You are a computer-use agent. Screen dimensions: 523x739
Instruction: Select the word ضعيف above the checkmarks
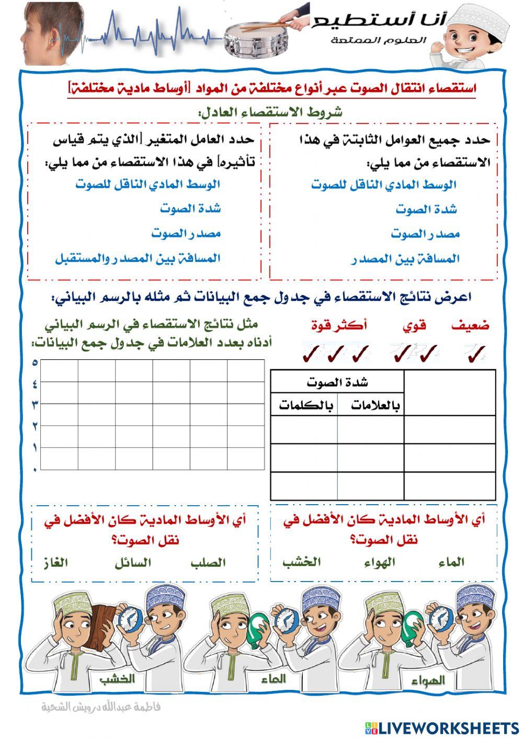471,326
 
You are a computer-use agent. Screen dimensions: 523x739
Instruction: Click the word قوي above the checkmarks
414,326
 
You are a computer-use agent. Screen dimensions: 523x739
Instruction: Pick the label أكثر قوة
338,326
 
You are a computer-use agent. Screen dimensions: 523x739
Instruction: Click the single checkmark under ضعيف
475,354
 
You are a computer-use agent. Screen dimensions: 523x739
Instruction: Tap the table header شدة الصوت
337,382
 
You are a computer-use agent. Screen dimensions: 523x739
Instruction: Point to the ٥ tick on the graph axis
35,362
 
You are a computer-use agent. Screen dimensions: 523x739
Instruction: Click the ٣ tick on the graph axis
35,404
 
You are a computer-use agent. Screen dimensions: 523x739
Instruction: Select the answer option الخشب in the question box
302,562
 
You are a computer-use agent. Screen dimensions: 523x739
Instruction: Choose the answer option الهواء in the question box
379,563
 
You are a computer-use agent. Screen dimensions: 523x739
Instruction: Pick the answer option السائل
133,563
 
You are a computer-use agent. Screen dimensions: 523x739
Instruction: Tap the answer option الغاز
55,563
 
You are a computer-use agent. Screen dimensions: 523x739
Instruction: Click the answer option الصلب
208,563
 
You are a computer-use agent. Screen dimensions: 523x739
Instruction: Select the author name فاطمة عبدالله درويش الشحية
101,707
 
